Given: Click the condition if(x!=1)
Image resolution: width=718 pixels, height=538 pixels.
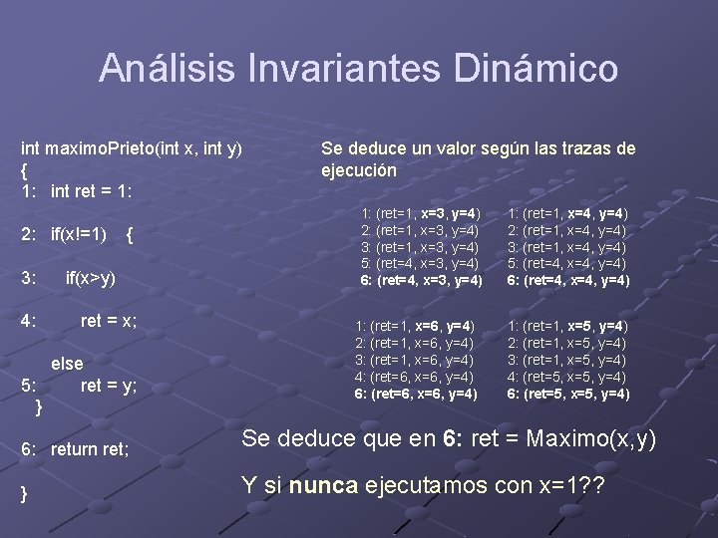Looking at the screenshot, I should (79, 235).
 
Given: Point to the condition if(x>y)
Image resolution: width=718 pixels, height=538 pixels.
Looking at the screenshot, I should (91, 278).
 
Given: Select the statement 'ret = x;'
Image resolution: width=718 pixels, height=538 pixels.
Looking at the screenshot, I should (109, 321).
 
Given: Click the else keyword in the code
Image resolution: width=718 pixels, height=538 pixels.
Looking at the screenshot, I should (67, 364).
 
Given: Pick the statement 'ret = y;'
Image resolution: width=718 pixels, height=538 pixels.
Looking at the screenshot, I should (109, 385).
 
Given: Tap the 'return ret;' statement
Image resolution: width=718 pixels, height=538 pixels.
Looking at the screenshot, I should (90, 449).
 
